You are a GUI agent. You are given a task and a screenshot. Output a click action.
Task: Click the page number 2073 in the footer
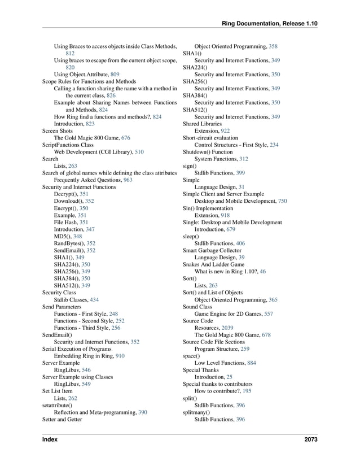(x=309, y=439)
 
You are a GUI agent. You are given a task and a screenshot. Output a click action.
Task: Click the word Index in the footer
(x=50, y=439)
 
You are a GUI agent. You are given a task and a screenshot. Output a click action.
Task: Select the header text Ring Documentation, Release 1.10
(x=269, y=23)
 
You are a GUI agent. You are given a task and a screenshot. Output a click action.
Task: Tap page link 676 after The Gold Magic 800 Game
(x=126, y=138)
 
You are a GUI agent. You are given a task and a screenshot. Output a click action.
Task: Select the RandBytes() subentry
(x=71, y=243)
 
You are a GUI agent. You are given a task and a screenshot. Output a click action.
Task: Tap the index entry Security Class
(x=59, y=293)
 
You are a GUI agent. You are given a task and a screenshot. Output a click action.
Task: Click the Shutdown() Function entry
(x=208, y=152)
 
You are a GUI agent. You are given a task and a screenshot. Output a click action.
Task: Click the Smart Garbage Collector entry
(x=212, y=250)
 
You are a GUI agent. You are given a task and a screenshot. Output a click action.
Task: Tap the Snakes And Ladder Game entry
(x=213, y=264)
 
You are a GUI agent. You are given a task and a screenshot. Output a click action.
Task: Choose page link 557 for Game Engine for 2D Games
(x=269, y=313)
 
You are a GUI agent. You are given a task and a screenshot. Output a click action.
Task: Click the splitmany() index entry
(x=196, y=412)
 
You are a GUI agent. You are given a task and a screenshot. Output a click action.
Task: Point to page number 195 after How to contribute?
(x=247, y=391)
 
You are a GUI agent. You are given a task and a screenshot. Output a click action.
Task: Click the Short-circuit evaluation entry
(x=210, y=138)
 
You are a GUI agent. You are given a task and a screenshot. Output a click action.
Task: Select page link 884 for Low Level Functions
(x=251, y=363)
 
